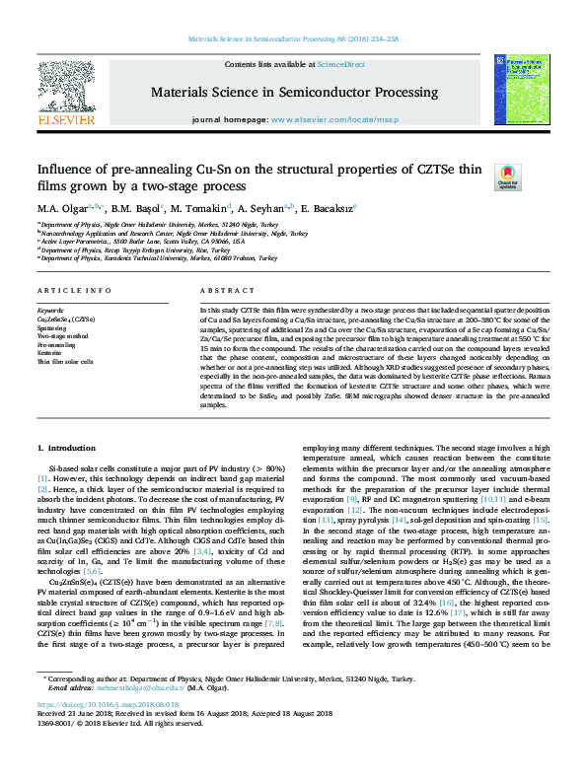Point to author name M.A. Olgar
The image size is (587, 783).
62,209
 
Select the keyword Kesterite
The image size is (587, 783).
49,353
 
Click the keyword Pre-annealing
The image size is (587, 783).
55,345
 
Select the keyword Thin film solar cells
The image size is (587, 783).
65,361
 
